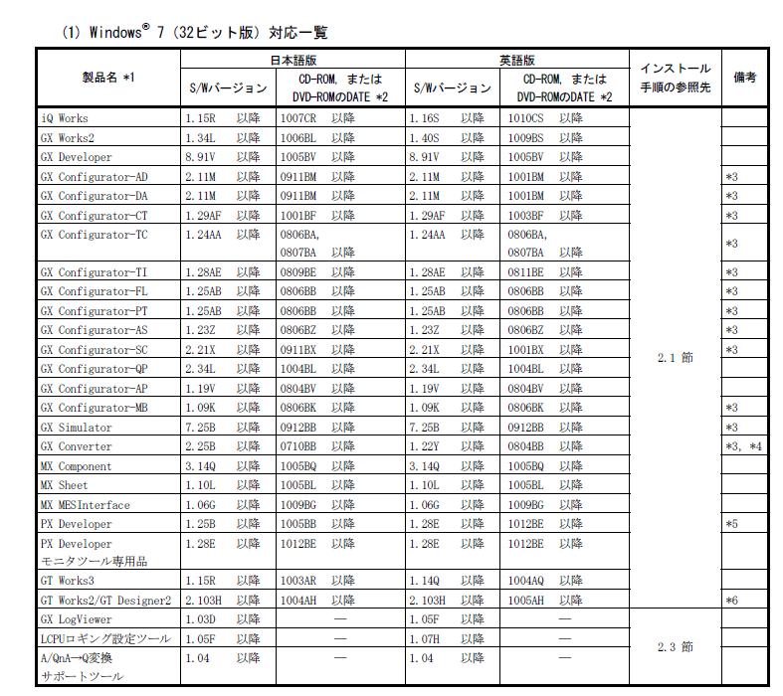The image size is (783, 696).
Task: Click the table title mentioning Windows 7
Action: (x=194, y=33)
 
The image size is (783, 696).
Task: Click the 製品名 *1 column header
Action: (x=108, y=78)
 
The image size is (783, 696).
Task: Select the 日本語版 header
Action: (x=293, y=61)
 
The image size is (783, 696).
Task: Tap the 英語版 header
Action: (x=517, y=61)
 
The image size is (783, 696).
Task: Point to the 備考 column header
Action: (x=744, y=78)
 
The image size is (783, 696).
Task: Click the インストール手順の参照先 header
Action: (x=675, y=78)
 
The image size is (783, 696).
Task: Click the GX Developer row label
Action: (x=77, y=157)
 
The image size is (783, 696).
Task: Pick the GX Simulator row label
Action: (x=77, y=427)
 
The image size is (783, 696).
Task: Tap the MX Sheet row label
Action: (x=65, y=485)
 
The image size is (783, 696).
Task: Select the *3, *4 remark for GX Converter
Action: (x=743, y=446)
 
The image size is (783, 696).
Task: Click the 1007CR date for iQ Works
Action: (x=298, y=118)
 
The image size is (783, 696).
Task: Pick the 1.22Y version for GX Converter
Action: (x=426, y=446)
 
